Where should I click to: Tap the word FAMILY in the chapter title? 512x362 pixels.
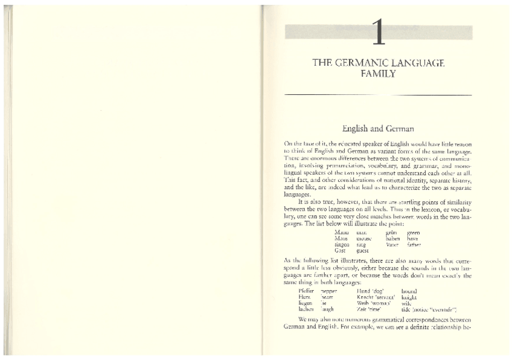click(379, 74)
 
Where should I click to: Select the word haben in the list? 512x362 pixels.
click(393, 239)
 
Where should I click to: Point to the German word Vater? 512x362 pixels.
click(392, 244)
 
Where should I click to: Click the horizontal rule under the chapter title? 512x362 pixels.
click(378, 95)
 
